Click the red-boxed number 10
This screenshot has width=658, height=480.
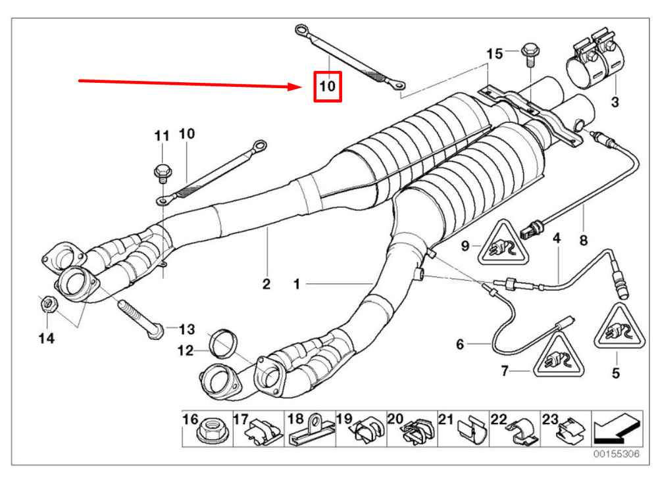(x=328, y=86)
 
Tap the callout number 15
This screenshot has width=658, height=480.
(x=495, y=54)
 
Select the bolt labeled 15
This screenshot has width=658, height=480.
(x=529, y=55)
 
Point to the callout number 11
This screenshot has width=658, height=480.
(x=162, y=136)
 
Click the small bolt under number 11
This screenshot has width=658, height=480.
(x=162, y=174)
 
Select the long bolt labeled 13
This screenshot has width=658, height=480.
(x=141, y=320)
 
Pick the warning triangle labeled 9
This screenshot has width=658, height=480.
(x=501, y=244)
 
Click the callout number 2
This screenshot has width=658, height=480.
(x=266, y=284)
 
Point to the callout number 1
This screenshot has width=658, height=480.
(x=297, y=284)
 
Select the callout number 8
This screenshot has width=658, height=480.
(x=583, y=241)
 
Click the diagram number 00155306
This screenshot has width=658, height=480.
(x=616, y=454)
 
